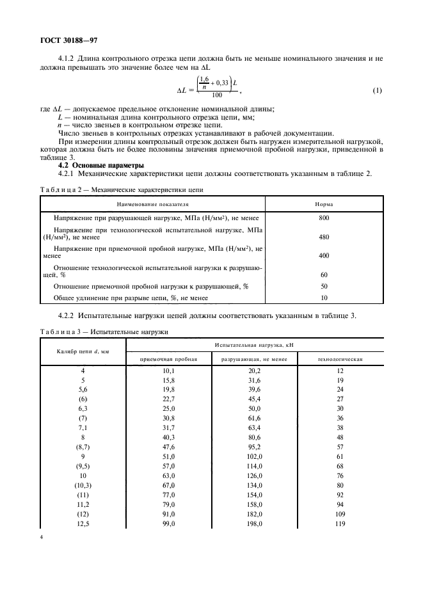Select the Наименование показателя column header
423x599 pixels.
153,204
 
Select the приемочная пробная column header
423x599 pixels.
169,360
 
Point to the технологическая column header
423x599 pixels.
340,360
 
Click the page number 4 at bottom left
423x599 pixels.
41,537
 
